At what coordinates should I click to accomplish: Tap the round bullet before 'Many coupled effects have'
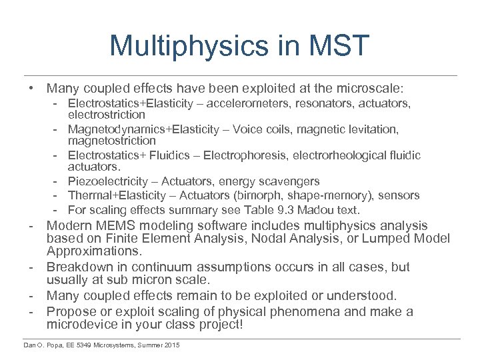[31, 88]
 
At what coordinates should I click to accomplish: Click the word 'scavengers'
[291, 181]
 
